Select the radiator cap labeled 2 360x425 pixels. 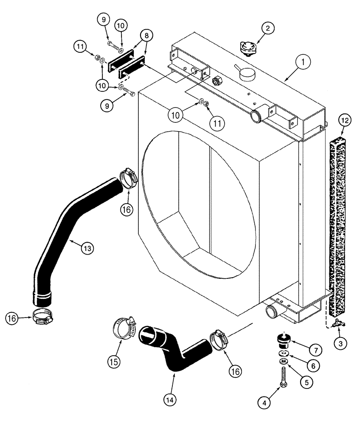click(246, 47)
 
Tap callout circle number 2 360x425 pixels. click(267, 29)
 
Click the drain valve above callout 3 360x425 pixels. click(339, 324)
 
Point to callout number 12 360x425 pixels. click(345, 121)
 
